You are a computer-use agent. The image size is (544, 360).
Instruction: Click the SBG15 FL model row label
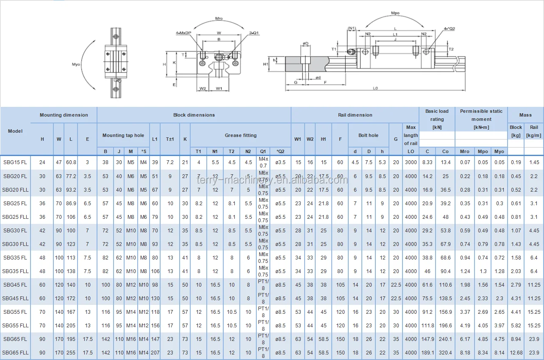[15, 162]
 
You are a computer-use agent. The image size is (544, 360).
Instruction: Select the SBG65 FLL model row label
[15, 353]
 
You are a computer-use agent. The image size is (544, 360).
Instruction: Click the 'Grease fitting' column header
[240, 135]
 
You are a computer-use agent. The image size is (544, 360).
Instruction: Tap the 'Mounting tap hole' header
[123, 135]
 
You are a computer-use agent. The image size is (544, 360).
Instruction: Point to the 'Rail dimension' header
[355, 115]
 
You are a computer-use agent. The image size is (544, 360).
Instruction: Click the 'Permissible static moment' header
[481, 115]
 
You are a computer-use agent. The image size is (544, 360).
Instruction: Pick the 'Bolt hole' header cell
[368, 135]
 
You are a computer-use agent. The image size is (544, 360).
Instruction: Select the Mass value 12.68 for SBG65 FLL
[516, 353]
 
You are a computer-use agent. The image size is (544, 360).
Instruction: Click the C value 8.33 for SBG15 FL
[427, 162]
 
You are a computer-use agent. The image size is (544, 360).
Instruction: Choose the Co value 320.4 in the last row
[445, 353]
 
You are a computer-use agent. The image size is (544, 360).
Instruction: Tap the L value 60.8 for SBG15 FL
[71, 162]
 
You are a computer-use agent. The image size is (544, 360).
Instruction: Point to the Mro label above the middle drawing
[219, 19]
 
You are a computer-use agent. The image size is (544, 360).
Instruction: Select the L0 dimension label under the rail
[375, 88]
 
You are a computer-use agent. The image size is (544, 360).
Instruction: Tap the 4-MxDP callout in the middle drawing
[183, 33]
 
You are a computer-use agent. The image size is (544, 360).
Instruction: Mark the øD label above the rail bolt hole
[305, 43]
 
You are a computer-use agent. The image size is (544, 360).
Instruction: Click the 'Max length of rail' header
[411, 135]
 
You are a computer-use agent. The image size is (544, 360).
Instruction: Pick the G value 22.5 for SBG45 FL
[396, 285]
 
